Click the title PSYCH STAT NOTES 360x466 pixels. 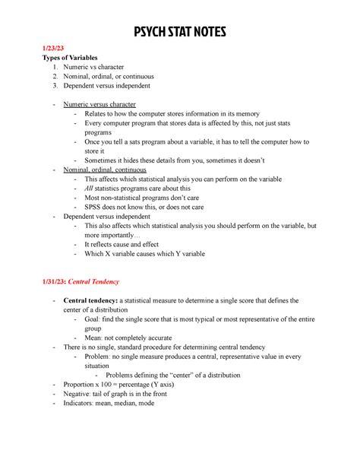tap(180, 33)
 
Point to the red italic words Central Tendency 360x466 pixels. tap(94, 281)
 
